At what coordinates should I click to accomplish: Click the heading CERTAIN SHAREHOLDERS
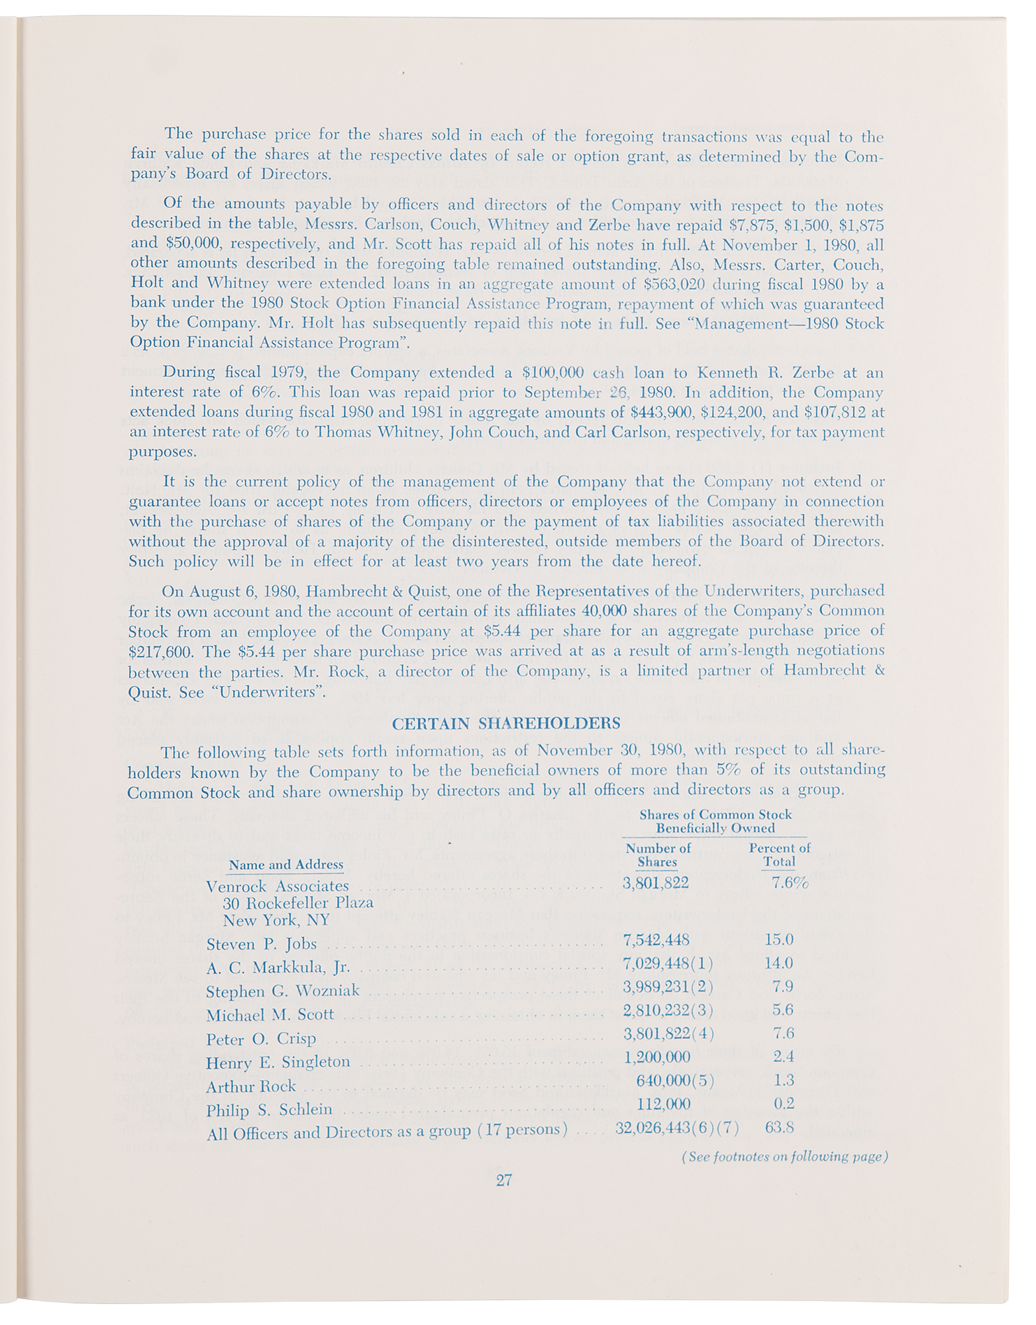pos(506,723)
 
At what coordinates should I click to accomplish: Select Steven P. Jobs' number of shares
pos(656,939)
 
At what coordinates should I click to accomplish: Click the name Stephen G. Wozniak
pos(283,990)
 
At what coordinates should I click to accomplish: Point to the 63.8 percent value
pos(781,1127)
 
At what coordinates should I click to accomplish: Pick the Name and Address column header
pos(286,865)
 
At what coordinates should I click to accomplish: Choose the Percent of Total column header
pos(780,855)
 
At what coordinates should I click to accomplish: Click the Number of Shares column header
pos(658,855)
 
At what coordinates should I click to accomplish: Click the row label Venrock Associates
pos(278,886)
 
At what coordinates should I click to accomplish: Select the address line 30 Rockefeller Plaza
pos(298,903)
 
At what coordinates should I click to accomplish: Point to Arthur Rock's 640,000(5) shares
pos(674,1081)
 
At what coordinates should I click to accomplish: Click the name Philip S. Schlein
pos(270,1110)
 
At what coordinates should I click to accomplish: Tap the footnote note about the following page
pos(784,1157)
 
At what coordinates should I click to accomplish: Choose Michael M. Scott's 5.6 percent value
pos(783,1010)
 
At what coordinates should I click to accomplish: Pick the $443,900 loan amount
pos(664,412)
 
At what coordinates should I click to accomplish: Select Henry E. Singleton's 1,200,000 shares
pos(657,1057)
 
